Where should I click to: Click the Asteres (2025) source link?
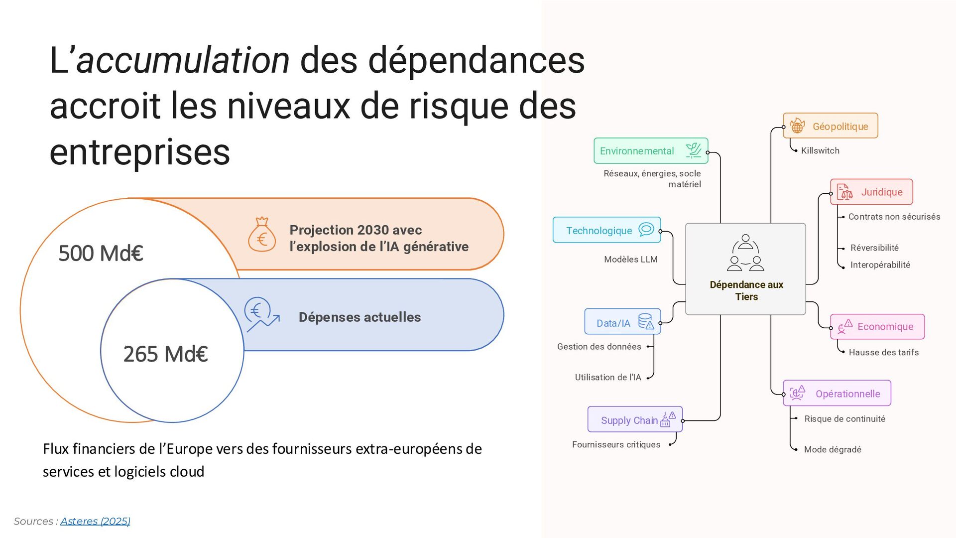tap(95, 521)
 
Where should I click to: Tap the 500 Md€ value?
tap(101, 253)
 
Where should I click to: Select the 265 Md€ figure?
tap(165, 354)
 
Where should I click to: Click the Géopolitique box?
tap(830, 126)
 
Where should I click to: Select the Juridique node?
tap(871, 192)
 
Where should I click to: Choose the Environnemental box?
tap(650, 151)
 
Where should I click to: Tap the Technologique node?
tap(606, 230)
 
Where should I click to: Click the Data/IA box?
tap(622, 322)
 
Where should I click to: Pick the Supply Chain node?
tap(635, 420)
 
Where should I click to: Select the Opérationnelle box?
tap(836, 394)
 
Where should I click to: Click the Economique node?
tap(877, 327)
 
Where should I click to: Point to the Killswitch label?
tap(820, 150)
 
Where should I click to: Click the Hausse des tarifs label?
tap(883, 352)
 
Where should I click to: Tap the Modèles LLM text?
tap(630, 259)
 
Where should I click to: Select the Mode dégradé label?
tap(833, 449)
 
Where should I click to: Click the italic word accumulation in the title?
tap(183, 60)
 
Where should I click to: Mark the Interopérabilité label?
tap(880, 265)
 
